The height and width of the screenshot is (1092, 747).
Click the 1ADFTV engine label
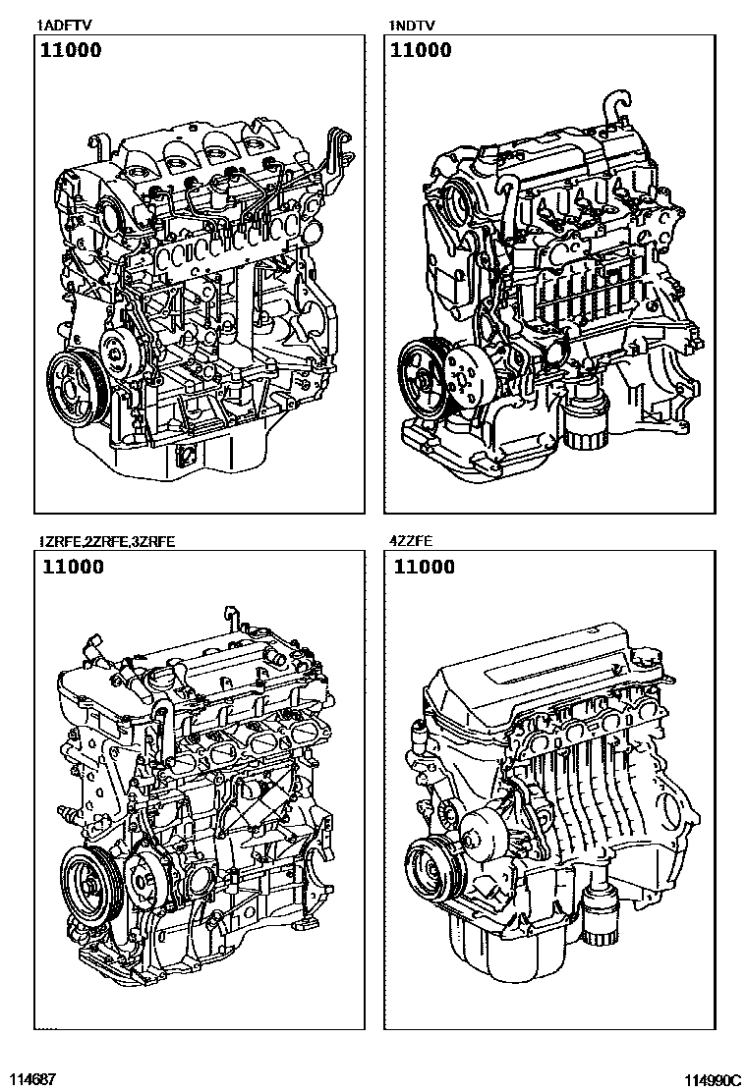[x=65, y=26]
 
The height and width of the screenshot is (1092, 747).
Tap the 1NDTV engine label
[x=413, y=26]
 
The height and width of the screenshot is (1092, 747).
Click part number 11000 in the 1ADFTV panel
[x=71, y=50]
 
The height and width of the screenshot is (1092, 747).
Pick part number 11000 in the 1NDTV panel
[x=421, y=50]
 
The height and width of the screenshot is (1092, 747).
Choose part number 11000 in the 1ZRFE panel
[x=73, y=567]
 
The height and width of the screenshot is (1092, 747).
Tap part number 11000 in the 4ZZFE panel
[x=424, y=567]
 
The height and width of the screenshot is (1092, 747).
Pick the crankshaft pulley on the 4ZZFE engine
[x=429, y=868]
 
